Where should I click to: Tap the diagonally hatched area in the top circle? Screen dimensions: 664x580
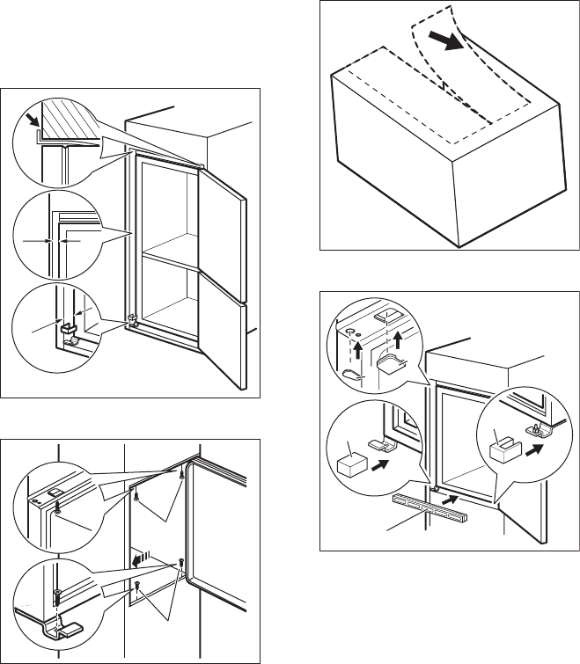click(66, 115)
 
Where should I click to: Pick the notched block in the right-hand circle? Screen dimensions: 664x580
click(505, 452)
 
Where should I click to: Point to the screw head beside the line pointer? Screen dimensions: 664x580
click(56, 509)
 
